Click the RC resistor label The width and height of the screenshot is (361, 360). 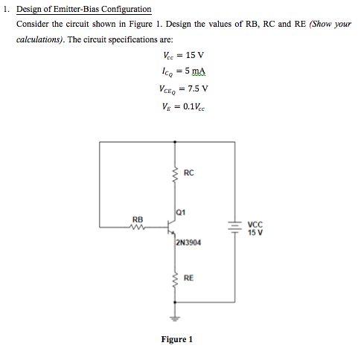point(188,173)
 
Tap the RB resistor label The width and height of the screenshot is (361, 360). point(138,219)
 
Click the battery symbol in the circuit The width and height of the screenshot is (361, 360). point(236,228)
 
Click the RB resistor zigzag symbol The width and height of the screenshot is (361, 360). point(138,228)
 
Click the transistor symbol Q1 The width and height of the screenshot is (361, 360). point(171,228)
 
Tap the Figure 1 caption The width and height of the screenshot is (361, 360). point(177,340)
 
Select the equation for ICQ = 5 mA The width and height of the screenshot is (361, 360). point(182,72)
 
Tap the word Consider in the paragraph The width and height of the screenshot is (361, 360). point(32,23)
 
